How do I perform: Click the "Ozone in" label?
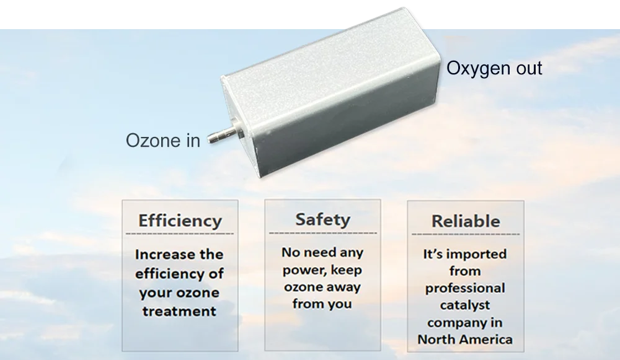pos(163,140)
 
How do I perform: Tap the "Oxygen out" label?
pos(494,69)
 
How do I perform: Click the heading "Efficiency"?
pos(180,221)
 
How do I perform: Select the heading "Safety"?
pos(322,219)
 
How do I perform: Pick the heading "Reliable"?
pos(466,221)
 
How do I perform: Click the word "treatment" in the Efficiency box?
pos(180,311)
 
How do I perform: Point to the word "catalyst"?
pos(465,305)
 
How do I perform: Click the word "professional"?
pos(465,288)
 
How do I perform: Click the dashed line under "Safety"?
pos(323,233)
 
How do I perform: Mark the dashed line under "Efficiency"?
pos(180,234)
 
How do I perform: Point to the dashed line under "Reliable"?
pos(466,234)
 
